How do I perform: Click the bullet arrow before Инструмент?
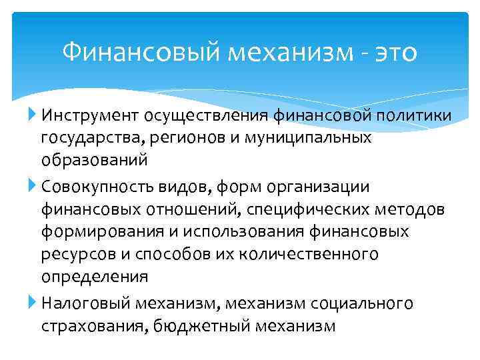(x=34, y=116)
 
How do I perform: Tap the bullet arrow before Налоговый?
(x=34, y=303)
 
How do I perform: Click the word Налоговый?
(x=87, y=303)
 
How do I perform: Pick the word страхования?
(x=95, y=326)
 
